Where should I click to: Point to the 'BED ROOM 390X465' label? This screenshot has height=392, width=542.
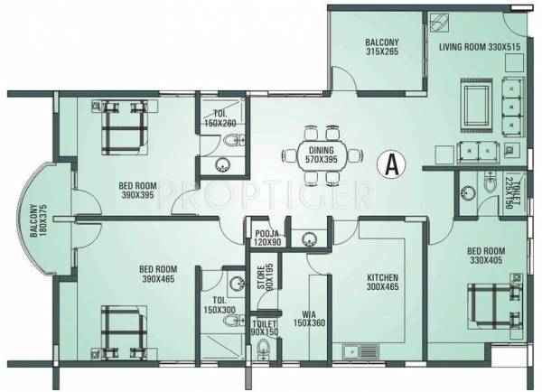tap(158, 274)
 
